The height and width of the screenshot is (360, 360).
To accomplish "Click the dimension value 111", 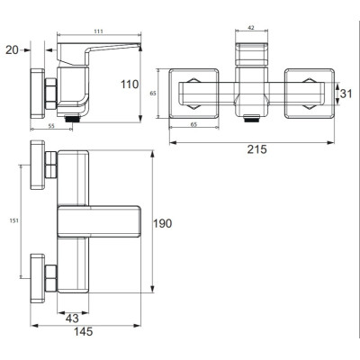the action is click(x=99, y=31).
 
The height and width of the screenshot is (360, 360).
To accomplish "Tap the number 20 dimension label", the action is click(x=12, y=50).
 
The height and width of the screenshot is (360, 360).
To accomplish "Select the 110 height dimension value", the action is click(x=130, y=85).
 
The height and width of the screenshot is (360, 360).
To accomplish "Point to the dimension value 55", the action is click(x=51, y=126).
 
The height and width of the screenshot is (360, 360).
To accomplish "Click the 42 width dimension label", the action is click(x=251, y=28).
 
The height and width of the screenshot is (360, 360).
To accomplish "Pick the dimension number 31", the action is click(x=346, y=94).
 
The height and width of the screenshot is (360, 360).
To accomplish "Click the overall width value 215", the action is click(x=256, y=149).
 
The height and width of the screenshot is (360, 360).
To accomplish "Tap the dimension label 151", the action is click(x=14, y=220).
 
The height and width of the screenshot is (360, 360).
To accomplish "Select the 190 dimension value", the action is click(x=163, y=223).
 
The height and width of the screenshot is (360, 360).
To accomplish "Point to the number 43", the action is click(x=72, y=319).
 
